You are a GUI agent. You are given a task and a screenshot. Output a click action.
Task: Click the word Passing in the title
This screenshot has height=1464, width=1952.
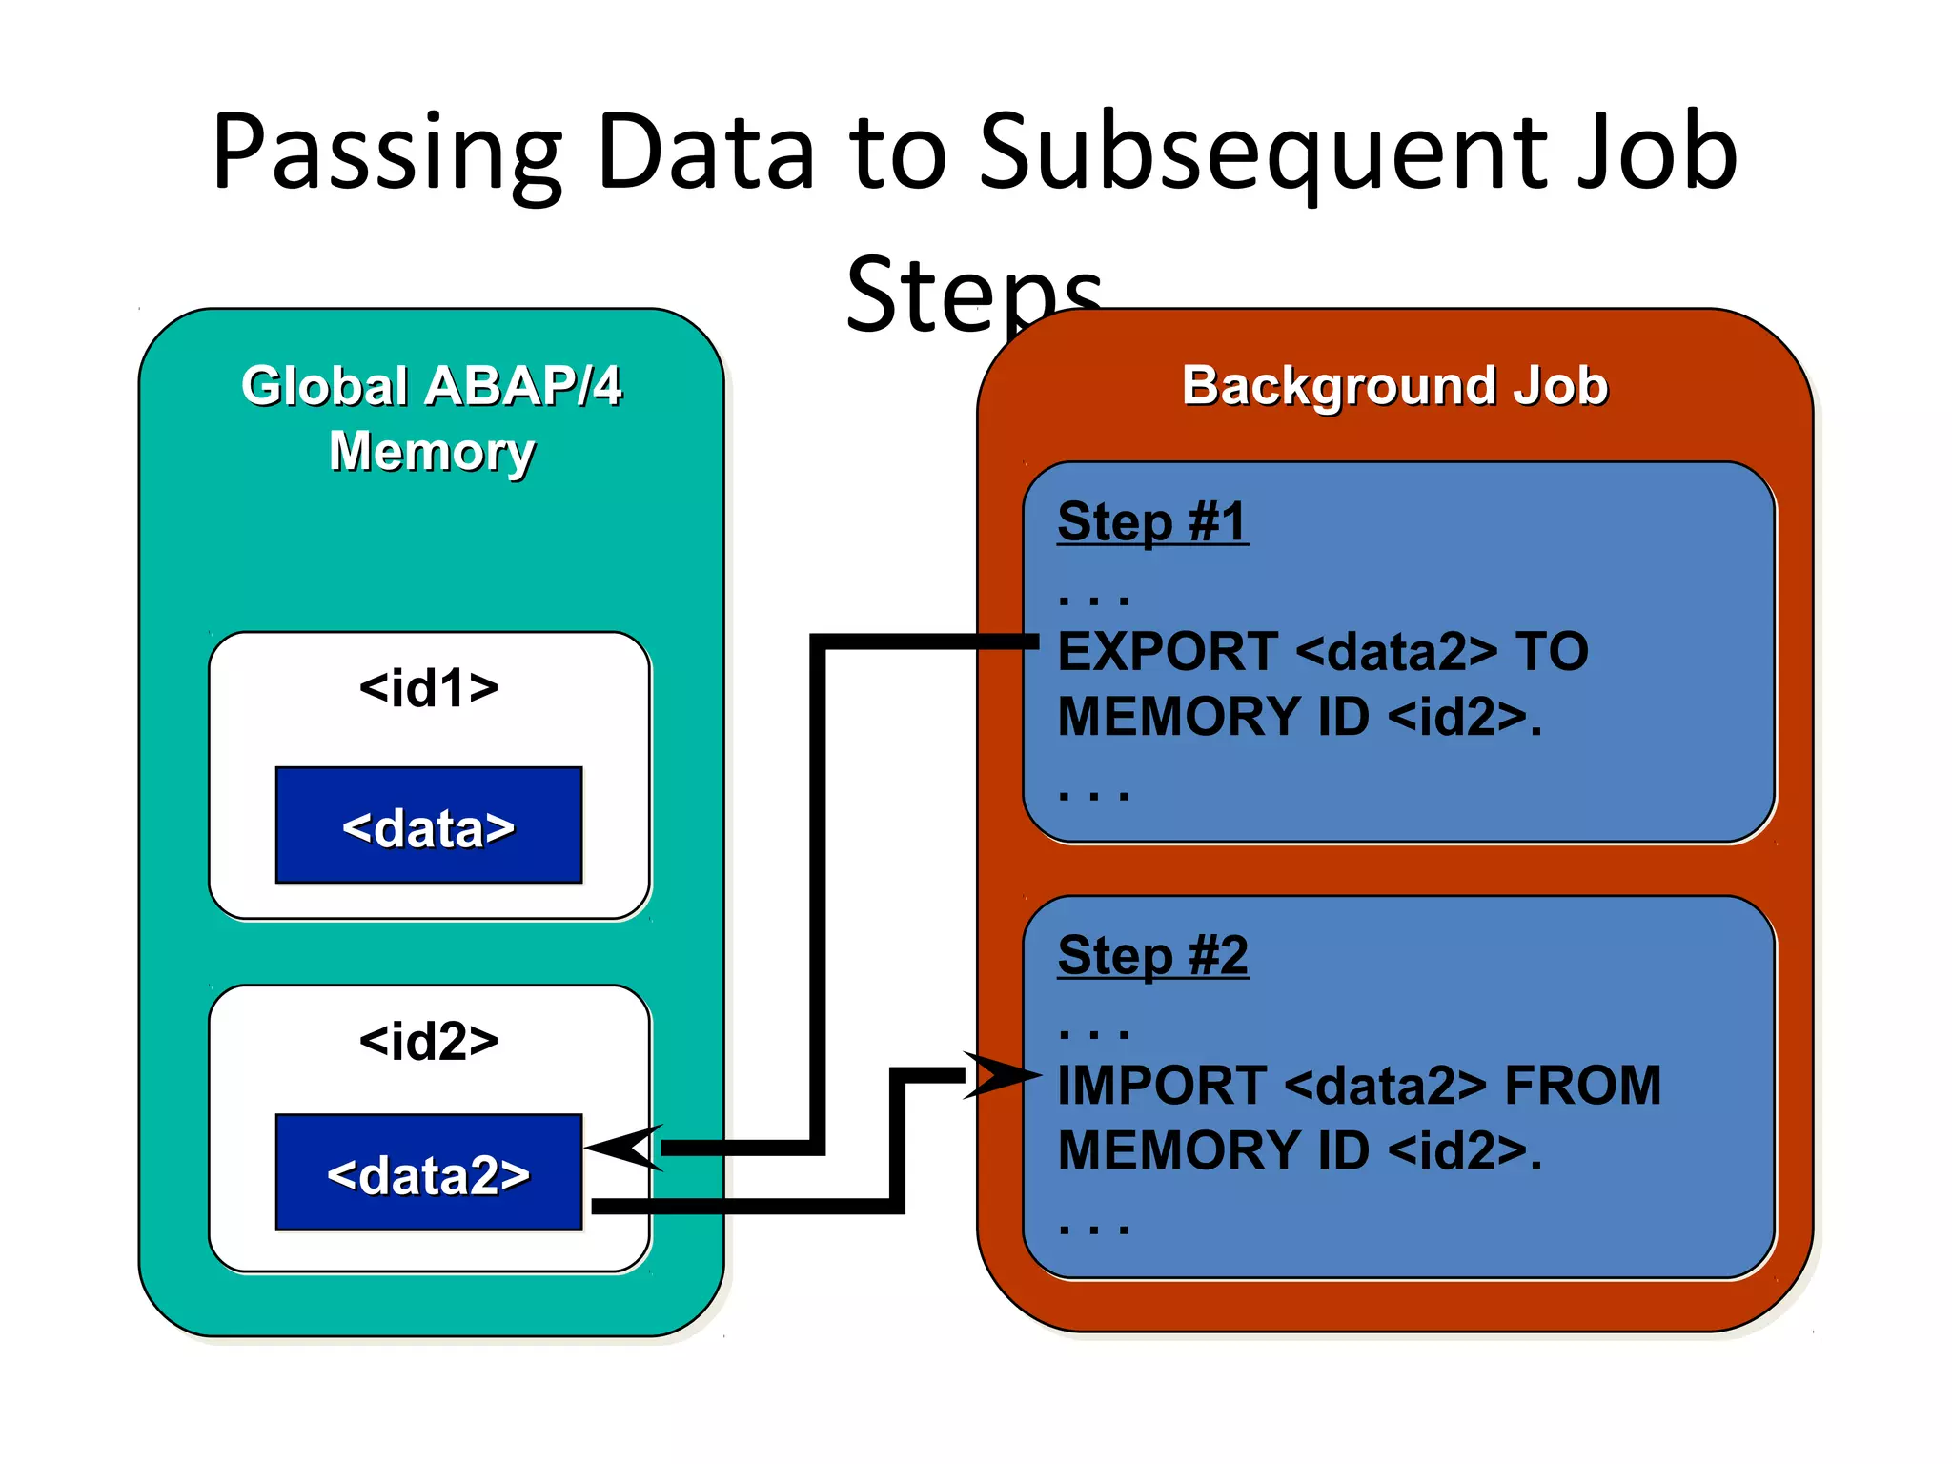pos(386,152)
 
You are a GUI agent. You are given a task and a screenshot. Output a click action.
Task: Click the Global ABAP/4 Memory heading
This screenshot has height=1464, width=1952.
pos(431,417)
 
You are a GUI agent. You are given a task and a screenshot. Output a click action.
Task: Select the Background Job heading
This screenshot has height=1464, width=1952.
pos(1394,386)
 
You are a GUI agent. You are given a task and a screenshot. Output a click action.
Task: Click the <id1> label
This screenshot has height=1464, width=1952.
pos(429,687)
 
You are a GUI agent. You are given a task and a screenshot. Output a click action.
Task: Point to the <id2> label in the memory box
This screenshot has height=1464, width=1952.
pos(429,1041)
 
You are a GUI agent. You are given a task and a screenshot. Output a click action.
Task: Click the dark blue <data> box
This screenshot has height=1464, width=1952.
pos(429,825)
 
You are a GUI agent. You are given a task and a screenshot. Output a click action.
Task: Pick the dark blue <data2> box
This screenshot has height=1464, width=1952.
pos(429,1173)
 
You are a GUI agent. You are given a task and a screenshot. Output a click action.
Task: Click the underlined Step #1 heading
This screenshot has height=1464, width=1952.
pos(1152,521)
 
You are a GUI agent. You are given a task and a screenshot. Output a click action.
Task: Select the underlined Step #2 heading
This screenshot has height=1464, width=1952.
pos(1152,955)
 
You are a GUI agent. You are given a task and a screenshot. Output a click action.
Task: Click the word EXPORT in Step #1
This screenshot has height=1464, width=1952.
pos(1168,652)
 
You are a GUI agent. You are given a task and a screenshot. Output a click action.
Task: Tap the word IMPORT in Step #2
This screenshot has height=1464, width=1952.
pos(1161,1086)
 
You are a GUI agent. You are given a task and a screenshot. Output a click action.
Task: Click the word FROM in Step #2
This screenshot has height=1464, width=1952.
pos(1582,1086)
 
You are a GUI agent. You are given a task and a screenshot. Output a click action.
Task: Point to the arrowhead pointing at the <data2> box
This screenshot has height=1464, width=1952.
pos(624,1148)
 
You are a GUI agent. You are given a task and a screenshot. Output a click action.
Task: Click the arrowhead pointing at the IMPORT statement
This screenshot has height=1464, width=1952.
pos(1001,1076)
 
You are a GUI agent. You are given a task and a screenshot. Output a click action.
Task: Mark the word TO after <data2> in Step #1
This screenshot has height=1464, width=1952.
pos(1552,652)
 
